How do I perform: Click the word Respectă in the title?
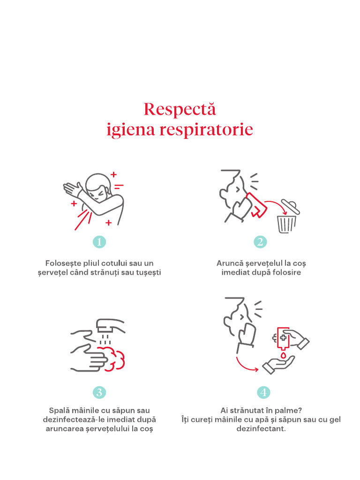point(180,109)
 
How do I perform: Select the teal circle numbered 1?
point(99,242)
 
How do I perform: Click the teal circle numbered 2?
point(260,242)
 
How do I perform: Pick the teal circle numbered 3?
point(99,392)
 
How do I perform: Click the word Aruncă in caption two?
point(229,263)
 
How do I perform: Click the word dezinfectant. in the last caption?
point(261,429)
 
